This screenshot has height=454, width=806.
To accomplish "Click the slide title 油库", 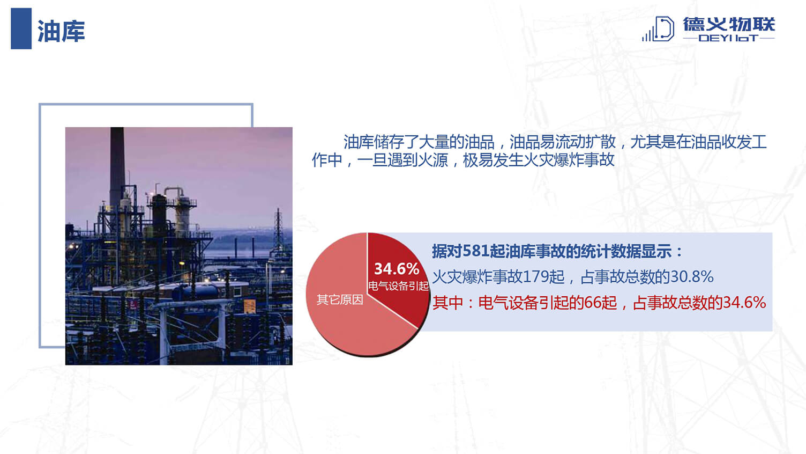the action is (x=61, y=31).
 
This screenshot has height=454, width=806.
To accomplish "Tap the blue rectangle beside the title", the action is (x=21, y=28).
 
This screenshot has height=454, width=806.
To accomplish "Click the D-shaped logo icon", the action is (x=658, y=29).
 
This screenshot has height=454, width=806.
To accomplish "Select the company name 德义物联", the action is (x=729, y=24).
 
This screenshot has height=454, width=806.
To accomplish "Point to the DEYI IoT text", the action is (x=729, y=38).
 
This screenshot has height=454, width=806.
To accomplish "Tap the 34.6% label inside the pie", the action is (x=397, y=269).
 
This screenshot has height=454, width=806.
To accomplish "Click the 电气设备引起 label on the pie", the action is (x=398, y=286).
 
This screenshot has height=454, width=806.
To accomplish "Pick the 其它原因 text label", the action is (x=340, y=300).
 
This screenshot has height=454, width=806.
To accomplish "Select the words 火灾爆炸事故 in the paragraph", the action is (x=569, y=160).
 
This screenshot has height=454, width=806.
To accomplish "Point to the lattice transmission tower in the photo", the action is (x=278, y=231).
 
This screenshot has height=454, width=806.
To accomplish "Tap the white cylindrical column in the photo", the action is (x=182, y=213).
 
